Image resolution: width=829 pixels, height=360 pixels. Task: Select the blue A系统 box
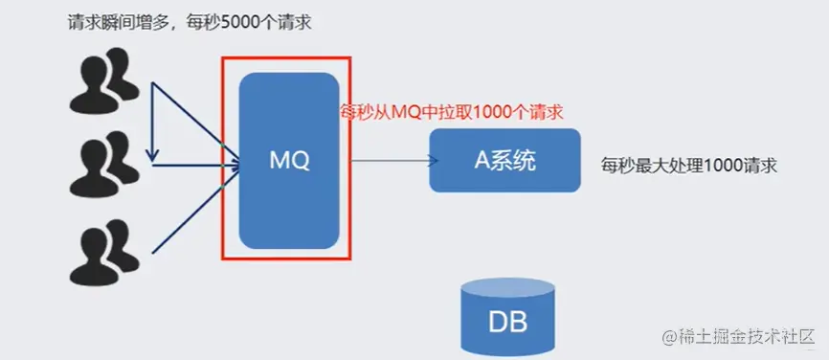point(504,160)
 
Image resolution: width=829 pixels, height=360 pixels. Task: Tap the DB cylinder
point(506,316)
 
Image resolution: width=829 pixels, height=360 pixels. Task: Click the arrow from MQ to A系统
point(388,161)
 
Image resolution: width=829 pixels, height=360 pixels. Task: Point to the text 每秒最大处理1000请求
point(687,165)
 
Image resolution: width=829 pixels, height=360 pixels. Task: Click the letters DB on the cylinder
point(506,321)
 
